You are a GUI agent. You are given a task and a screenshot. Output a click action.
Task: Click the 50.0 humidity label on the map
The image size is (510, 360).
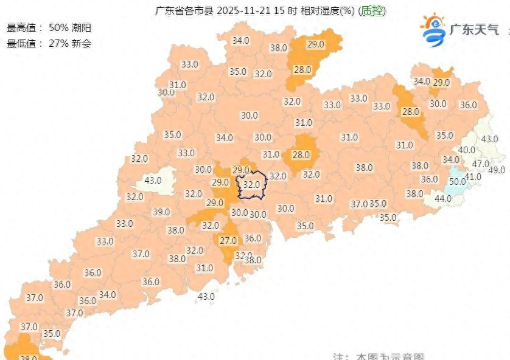(457, 181)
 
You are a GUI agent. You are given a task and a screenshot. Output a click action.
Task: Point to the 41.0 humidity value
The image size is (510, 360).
(473, 177)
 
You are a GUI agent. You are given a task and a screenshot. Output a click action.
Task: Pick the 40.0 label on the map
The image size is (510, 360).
(467, 150)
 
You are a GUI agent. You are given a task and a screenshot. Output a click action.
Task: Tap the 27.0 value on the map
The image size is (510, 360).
(228, 241)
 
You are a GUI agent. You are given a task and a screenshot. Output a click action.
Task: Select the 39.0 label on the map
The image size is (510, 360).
(161, 212)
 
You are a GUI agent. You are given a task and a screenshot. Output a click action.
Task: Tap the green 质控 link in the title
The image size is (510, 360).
(372, 11)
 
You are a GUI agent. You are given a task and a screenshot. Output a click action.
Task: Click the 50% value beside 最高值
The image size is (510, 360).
(59, 28)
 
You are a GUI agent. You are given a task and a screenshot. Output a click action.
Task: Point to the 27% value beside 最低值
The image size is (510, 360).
(59, 43)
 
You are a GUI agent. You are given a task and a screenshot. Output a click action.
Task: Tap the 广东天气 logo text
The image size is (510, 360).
(474, 29)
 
